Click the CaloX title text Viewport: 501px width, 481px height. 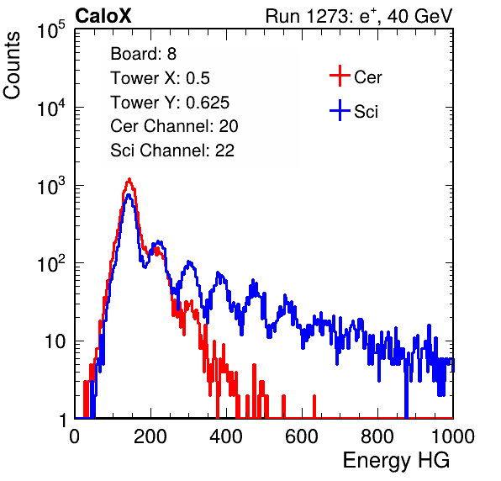103,16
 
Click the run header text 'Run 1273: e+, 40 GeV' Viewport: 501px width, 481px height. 359,16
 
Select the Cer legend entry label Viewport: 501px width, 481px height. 367,77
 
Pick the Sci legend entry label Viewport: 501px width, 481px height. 367,111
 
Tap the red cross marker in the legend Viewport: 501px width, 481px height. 340,76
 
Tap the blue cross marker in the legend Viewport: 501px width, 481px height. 340,111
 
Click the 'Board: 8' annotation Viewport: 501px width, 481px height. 143,53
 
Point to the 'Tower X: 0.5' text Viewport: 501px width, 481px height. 160,78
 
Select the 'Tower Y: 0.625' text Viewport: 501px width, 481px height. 170,103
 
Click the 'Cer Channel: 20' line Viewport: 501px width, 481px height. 174,126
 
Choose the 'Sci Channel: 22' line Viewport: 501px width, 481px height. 172,151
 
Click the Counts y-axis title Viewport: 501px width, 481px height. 12,65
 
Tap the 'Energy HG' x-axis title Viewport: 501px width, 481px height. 396,461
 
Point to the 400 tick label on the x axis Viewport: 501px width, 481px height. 226,436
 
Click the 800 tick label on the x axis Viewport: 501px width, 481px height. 377,436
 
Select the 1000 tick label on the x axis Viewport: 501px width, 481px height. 453,436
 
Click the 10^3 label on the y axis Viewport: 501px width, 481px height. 51,186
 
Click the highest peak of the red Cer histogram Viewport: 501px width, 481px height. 129,179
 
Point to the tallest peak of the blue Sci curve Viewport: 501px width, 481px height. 129,194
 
